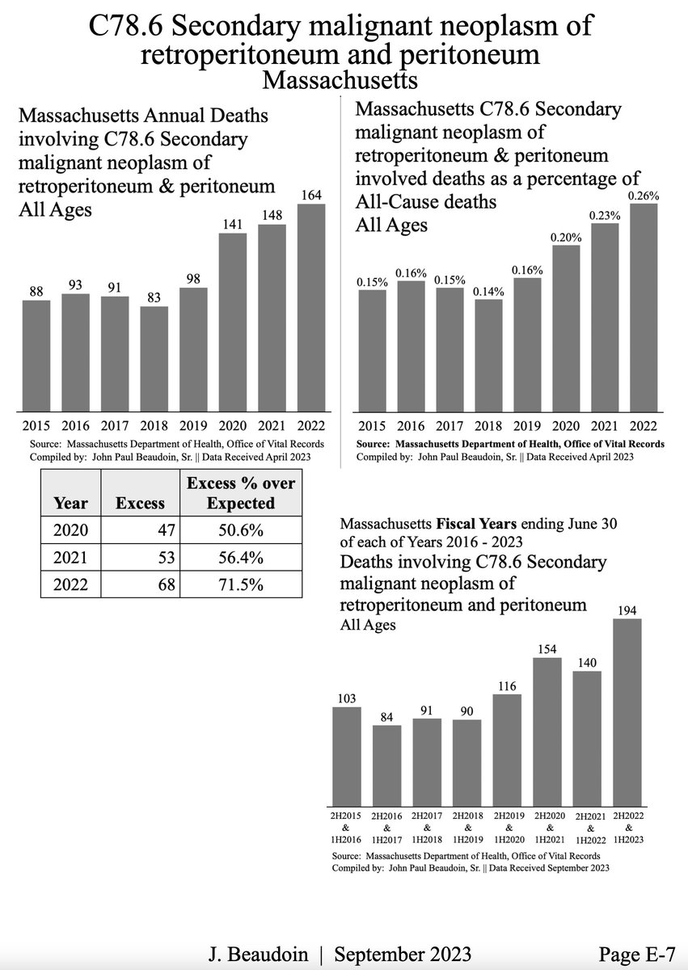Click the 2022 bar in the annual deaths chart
(311, 307)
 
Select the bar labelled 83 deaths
(154, 358)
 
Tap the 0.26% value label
(644, 195)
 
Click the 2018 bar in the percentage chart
(488, 356)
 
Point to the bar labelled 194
(627, 711)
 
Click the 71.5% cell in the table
(240, 586)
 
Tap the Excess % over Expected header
(241, 493)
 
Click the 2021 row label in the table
(70, 559)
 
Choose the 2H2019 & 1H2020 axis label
(507, 828)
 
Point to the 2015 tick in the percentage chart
(372, 426)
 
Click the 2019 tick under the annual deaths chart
(193, 426)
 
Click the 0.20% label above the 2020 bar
(566, 237)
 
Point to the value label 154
(547, 649)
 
